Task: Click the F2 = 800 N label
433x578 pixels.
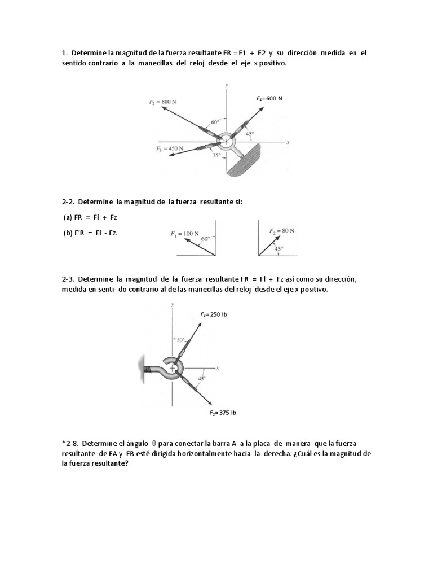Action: coord(162,102)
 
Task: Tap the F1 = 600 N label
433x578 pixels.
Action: coord(269,98)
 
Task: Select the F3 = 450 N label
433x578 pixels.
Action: coord(169,148)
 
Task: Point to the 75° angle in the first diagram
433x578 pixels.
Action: coord(215,156)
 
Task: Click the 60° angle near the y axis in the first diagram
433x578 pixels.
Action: coord(215,121)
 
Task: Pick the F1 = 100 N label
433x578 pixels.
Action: coord(184,233)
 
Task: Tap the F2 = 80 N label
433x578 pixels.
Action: coord(281,230)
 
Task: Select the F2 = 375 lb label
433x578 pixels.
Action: coord(223,413)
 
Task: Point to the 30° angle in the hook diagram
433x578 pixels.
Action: coord(179,340)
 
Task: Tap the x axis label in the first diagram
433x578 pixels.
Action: coord(288,143)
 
